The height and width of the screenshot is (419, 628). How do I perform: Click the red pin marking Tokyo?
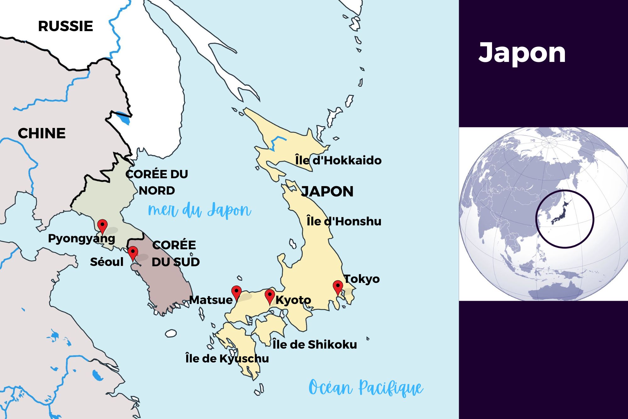tap(338, 287)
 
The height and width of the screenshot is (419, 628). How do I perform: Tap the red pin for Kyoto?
tap(270, 296)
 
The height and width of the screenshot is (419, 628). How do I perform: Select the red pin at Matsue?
tap(236, 292)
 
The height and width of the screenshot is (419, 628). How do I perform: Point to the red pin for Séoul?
tap(133, 252)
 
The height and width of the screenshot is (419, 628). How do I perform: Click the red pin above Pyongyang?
tap(102, 225)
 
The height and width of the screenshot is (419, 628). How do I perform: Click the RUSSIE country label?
tap(65, 26)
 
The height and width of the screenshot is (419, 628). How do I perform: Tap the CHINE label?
tap(41, 133)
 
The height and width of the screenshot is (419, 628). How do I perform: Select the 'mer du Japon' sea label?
tap(199, 210)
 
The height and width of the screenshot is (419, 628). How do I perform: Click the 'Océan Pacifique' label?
tap(366, 388)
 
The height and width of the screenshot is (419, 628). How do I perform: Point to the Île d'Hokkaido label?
tap(338, 160)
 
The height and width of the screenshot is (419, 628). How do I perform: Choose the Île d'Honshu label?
tap(344, 221)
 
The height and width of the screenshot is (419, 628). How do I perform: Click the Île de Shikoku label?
tap(315, 345)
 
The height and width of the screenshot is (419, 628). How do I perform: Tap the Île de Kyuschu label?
tap(227, 358)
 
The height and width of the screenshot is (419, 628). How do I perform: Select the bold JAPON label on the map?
tap(327, 191)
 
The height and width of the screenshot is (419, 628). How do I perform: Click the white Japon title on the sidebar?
tap(522, 53)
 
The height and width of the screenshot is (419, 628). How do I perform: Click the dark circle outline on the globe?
tap(536, 219)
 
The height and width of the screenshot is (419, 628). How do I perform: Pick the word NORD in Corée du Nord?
tap(157, 191)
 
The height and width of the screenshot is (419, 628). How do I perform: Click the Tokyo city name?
tap(362, 279)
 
